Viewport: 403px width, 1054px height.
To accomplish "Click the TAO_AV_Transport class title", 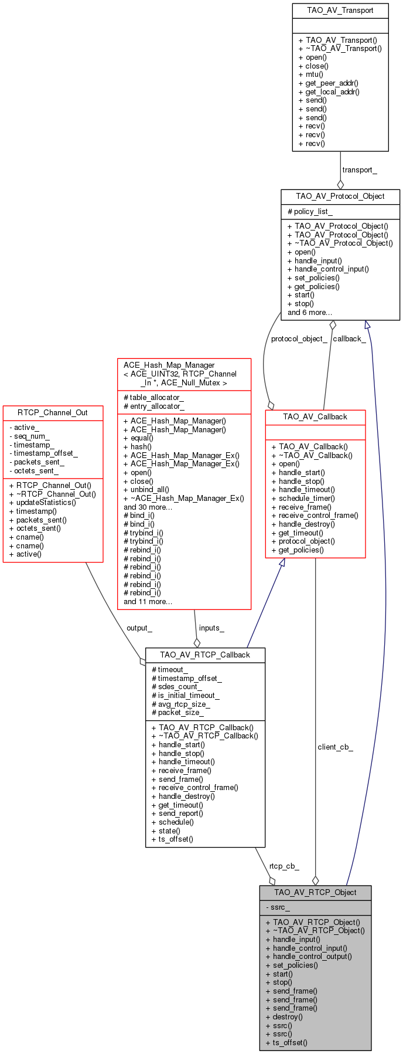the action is [340, 11].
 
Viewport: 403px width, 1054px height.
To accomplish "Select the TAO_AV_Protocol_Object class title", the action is [340, 196].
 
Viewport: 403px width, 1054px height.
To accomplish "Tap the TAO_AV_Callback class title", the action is [315, 416].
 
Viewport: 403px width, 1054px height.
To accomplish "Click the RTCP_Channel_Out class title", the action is [53, 412].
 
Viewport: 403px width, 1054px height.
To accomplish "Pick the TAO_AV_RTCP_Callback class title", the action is [205, 655].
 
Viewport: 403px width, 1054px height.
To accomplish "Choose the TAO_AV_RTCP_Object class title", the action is [315, 892].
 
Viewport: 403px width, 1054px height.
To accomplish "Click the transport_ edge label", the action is [360, 170].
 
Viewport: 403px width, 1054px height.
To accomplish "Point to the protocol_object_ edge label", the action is [299, 338].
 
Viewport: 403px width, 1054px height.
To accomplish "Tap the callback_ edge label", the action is [349, 338].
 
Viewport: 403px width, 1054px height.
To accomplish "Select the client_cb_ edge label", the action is [336, 747].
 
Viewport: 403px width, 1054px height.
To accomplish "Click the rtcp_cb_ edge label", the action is [284, 866].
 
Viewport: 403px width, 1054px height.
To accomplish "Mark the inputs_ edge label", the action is [211, 628].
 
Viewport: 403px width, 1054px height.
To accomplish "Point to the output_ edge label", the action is [139, 628].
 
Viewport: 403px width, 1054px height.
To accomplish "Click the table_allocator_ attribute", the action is [153, 398].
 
